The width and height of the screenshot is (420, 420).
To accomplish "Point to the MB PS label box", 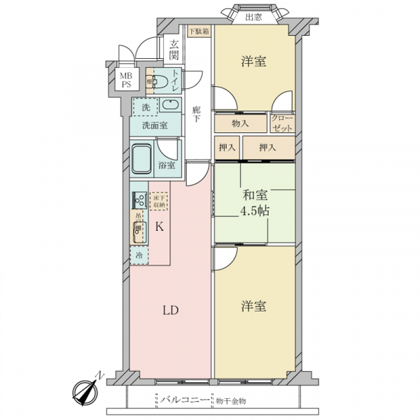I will (124, 80).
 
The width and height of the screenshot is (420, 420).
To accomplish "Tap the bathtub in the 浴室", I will (143, 162).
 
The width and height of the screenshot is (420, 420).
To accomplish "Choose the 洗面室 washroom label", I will (154, 126).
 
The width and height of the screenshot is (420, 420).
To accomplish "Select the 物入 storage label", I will (240, 123).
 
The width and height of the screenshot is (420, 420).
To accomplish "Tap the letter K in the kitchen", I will (159, 226).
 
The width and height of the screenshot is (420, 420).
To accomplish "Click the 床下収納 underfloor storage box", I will (159, 201).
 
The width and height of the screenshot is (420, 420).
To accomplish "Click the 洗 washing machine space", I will (146, 107).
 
